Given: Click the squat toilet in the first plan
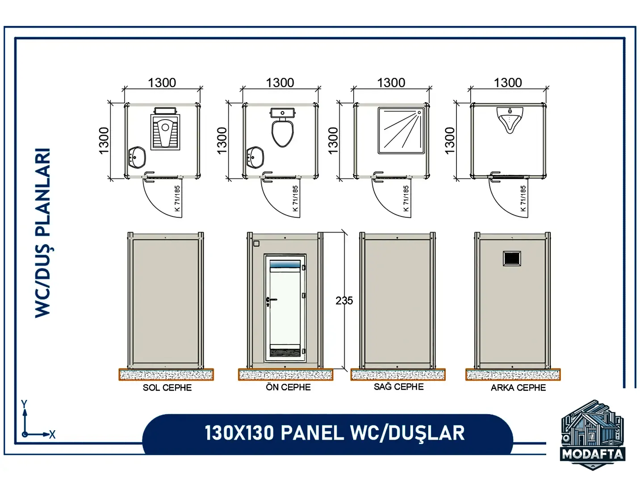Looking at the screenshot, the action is point(165,129).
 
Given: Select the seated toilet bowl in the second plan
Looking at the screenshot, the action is point(282,128).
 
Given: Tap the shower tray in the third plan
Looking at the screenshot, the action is point(402,130).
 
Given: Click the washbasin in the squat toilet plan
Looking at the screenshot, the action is point(137,157).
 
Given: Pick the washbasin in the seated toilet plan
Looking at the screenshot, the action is point(255,157).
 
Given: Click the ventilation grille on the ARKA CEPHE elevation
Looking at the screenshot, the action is point(512,258).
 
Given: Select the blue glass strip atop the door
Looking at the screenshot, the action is point(285,265).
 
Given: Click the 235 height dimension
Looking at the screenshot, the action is point(344,300).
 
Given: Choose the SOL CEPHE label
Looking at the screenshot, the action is point(167,388).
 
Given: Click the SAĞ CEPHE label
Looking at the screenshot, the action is point(398,386).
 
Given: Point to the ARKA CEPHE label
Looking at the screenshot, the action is point(518,388).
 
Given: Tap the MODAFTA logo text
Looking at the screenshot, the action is point(592,454).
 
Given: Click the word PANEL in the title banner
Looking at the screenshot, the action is point(312,433).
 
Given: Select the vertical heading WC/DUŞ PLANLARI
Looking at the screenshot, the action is point(42,233).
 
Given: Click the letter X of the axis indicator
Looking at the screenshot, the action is point(52,435).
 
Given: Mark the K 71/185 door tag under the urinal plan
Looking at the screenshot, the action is point(523,198).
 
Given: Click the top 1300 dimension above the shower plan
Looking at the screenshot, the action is point(391,83).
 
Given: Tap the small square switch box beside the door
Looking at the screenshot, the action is point(257,244).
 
